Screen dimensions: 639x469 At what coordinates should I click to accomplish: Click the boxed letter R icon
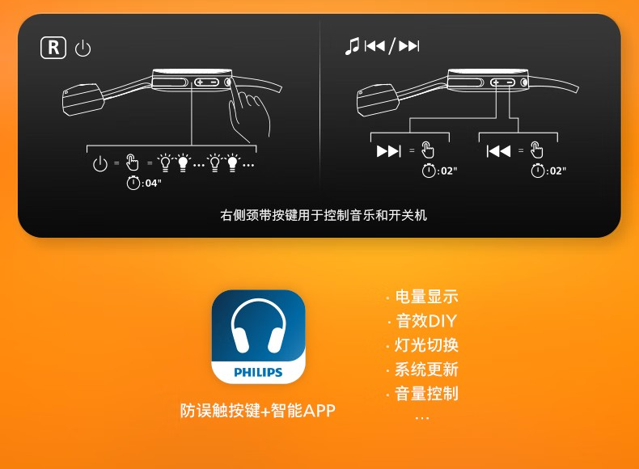(x=53, y=48)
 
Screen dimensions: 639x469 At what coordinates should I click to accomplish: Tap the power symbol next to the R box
(x=83, y=49)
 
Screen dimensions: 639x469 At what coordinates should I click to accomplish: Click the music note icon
(x=352, y=46)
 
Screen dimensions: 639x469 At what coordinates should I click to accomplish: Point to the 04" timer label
(x=144, y=183)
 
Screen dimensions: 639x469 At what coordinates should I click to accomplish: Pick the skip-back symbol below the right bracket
(x=498, y=151)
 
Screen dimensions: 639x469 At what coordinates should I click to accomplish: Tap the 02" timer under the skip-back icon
(x=548, y=171)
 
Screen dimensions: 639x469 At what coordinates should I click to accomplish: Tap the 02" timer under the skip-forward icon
(x=439, y=171)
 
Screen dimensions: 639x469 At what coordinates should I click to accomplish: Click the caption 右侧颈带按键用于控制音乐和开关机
(x=324, y=215)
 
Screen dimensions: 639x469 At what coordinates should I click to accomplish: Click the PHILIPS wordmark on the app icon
(x=258, y=372)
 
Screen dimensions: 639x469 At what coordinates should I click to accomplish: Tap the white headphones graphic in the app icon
(x=258, y=326)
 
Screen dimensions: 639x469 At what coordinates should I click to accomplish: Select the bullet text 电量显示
(x=426, y=297)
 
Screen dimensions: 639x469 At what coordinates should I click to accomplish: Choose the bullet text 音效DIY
(x=426, y=321)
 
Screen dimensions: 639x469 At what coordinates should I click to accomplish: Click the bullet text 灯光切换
(x=426, y=345)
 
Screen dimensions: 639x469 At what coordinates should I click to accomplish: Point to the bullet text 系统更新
(x=426, y=370)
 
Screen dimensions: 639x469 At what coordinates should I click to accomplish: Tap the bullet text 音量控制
(x=426, y=394)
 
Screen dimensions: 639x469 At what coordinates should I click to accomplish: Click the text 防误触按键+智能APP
(x=258, y=410)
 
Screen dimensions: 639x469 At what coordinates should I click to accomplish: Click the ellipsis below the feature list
(x=422, y=418)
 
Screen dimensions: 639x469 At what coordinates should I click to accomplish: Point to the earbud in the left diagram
(x=83, y=99)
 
